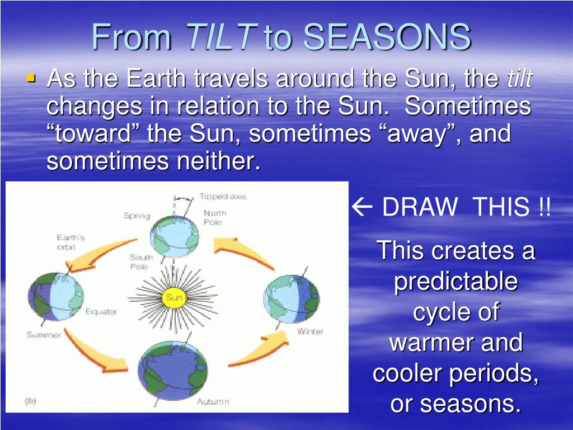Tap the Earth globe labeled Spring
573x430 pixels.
(175, 237)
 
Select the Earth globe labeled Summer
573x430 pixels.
(55, 297)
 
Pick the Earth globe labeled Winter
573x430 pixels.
(291, 299)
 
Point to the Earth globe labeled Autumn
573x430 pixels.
(172, 370)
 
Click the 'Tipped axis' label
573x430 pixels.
(223, 197)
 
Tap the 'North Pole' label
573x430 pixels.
(215, 217)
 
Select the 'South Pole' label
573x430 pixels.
(141, 261)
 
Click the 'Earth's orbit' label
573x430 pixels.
(71, 242)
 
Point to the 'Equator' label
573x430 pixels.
(101, 311)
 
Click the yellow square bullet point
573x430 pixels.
(31, 78)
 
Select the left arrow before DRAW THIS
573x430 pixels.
(362, 207)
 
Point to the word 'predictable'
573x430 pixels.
(456, 282)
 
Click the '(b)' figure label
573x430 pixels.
(30, 401)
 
